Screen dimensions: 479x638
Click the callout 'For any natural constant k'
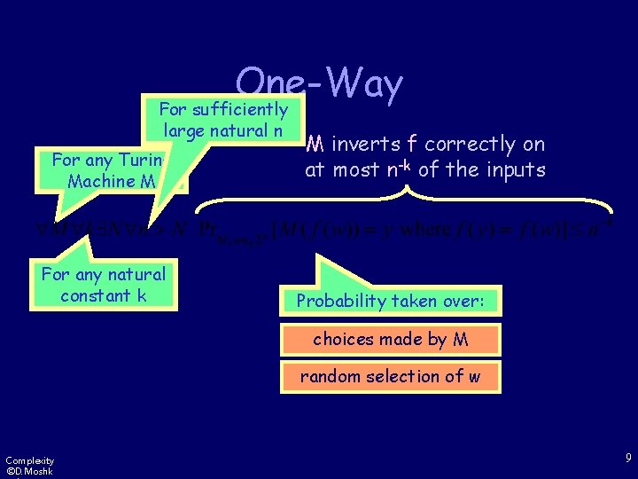(104, 285)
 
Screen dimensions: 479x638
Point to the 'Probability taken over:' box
(391, 301)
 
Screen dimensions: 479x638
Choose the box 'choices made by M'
(391, 339)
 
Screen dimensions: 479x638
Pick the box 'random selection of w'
(391, 376)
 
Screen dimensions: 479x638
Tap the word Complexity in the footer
(29, 459)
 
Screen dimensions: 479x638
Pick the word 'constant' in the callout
(93, 295)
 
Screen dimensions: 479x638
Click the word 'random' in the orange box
(331, 376)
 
